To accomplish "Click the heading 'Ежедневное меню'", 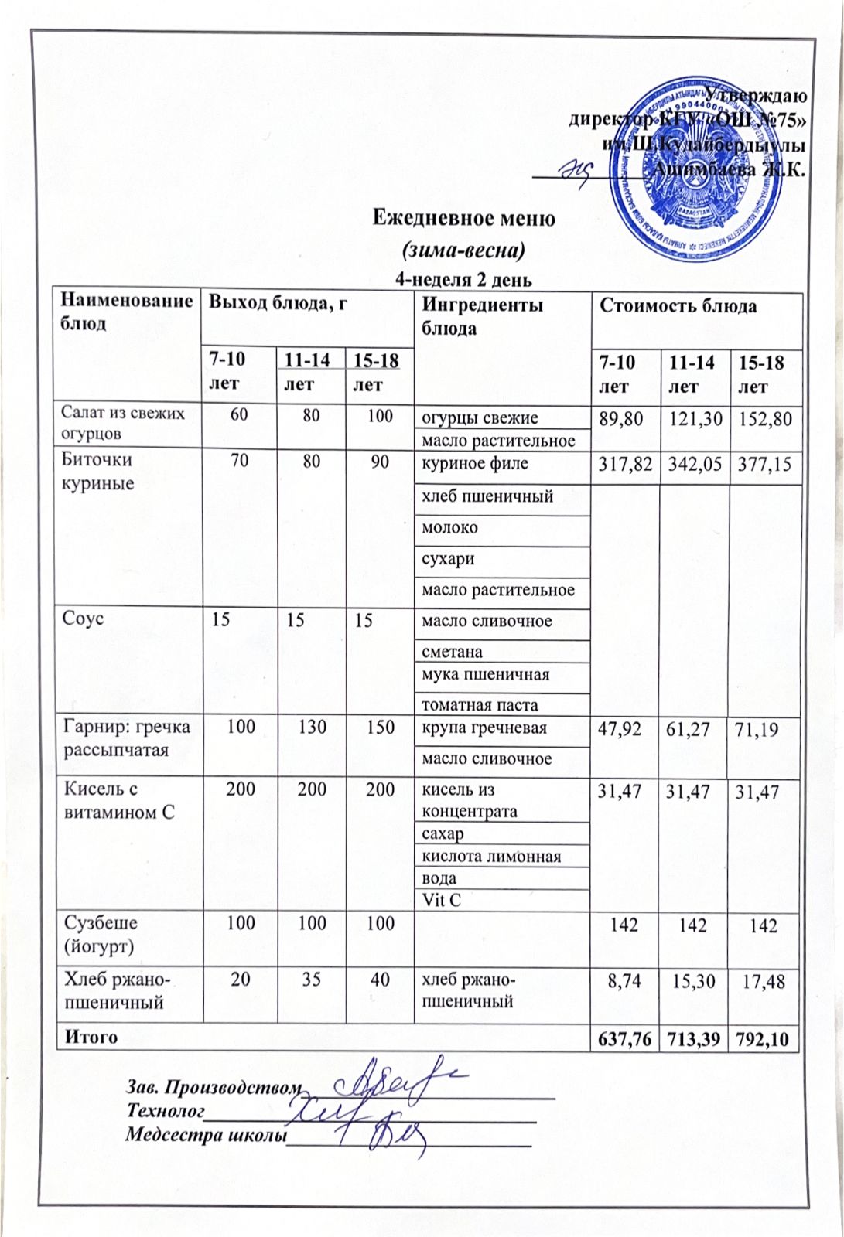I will pyautogui.click(x=464, y=218).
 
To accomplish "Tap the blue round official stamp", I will pyautogui.click(x=691, y=172).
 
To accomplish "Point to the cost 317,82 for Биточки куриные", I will pyautogui.click(x=626, y=465).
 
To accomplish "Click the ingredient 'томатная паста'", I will pyautogui.click(x=479, y=704).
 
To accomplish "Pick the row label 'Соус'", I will pyautogui.click(x=84, y=618).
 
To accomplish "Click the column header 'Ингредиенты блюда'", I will pyautogui.click(x=482, y=316).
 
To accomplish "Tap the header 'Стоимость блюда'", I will pyautogui.click(x=678, y=306).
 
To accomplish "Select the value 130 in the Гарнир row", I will pyautogui.click(x=312, y=728).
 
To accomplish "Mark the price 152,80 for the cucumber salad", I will pyautogui.click(x=764, y=419).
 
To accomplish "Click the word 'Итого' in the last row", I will pyautogui.click(x=91, y=1037).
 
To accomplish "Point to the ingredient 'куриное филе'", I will pyautogui.click(x=474, y=464).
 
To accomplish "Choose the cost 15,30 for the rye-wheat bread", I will pyautogui.click(x=693, y=981).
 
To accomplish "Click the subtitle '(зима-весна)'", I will pyautogui.click(x=464, y=250).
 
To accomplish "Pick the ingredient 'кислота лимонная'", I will pyautogui.click(x=490, y=856).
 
